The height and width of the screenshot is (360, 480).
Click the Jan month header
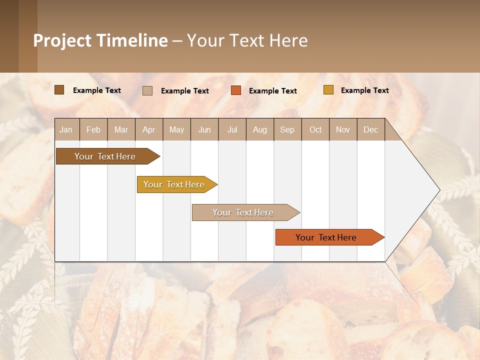[x=66, y=129]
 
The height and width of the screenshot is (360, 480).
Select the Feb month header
[x=93, y=129]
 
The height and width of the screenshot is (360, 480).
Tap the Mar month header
[x=121, y=129]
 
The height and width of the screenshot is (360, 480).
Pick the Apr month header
[x=149, y=129]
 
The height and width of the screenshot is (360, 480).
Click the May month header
[x=176, y=129]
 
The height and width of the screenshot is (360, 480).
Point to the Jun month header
[x=204, y=129]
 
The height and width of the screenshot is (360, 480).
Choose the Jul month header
[x=232, y=129]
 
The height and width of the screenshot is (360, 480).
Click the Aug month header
[x=260, y=129]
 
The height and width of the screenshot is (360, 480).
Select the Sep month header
[x=287, y=129]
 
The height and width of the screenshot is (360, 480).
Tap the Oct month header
[x=315, y=129]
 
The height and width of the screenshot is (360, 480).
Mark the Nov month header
[x=343, y=129]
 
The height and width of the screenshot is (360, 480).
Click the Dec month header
[x=371, y=129]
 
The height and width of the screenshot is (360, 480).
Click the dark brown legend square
[x=59, y=90]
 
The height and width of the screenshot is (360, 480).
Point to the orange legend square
[x=236, y=90]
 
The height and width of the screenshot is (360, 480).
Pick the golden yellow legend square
[x=328, y=90]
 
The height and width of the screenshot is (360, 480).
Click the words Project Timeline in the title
[x=100, y=40]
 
